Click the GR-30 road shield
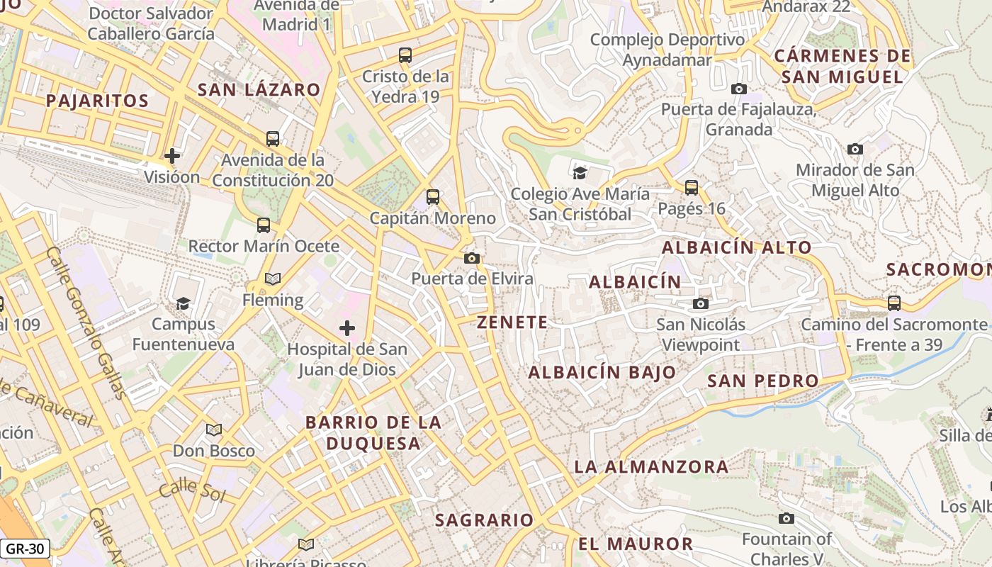pos(25,548)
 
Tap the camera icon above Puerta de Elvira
pos(472,258)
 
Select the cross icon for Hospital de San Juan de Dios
pos(347,328)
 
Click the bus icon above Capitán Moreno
pos(433,197)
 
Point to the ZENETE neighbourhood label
pos(512,322)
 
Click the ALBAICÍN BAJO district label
pos(602,373)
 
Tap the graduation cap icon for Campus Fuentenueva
pos(184,303)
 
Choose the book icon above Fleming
pos(273,279)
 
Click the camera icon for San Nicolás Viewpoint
pos(701,303)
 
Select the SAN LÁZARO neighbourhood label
pos(259,90)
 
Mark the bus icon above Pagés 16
pos(692,188)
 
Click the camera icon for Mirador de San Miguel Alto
pos(855,149)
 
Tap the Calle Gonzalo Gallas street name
pos(86,322)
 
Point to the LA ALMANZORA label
pos(651,466)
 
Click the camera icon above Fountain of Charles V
pos(787,518)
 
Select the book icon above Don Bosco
pos(214,430)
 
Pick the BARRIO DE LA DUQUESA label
pos(373,433)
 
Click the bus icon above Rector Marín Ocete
pos(264,225)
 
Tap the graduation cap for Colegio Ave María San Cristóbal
pos(580,172)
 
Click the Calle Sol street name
pos(192,490)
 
